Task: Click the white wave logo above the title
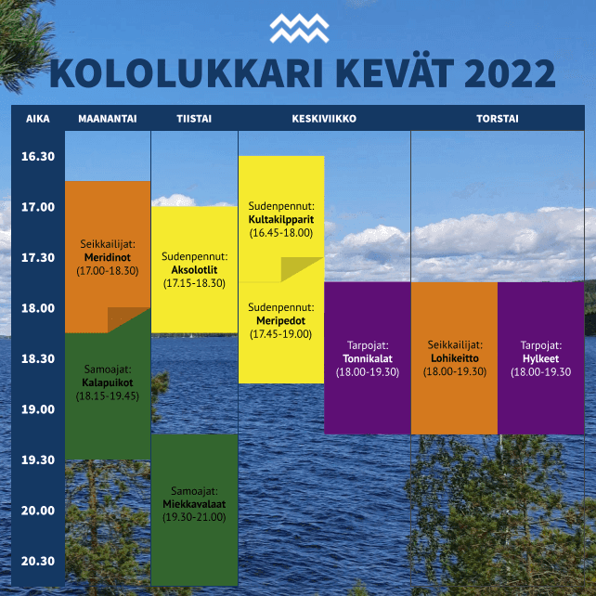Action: [299, 28]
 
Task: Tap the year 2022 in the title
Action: [510, 73]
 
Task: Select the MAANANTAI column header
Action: [108, 119]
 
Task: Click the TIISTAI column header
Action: [194, 119]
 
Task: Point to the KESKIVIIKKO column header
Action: [324, 119]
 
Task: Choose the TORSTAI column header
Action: [498, 119]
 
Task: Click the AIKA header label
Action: [38, 119]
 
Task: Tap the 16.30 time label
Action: [38, 156]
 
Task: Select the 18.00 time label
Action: [38, 308]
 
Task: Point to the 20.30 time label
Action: [38, 561]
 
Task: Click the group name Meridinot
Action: [108, 257]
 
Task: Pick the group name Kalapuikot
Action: [108, 382]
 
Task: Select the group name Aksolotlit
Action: [194, 270]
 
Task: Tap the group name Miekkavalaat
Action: [194, 504]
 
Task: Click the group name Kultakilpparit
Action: [281, 220]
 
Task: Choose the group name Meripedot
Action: [281, 321]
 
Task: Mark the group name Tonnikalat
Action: [368, 359]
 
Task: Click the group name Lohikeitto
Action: [455, 358]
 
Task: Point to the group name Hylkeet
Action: [541, 359]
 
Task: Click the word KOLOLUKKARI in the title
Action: [187, 73]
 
